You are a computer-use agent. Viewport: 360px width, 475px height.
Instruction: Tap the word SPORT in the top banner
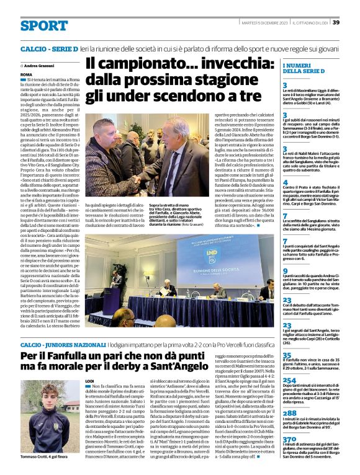(43, 25)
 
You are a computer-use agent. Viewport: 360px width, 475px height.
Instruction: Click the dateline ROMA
(26, 74)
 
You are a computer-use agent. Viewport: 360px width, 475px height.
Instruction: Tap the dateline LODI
(89, 380)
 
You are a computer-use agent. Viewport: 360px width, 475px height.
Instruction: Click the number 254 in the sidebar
(289, 380)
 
